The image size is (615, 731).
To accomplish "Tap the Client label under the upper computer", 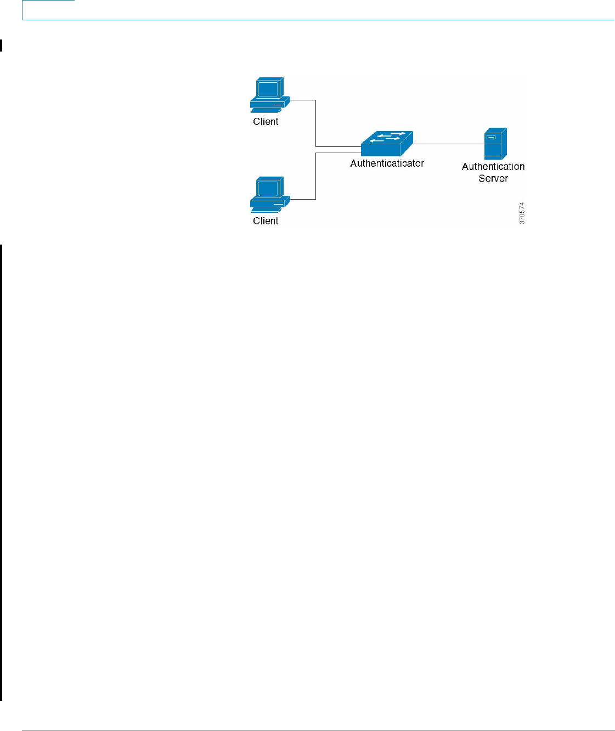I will pyautogui.click(x=266, y=122).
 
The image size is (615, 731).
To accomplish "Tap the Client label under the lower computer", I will pyautogui.click(x=266, y=221).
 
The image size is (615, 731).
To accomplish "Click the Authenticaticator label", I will pyautogui.click(x=387, y=163).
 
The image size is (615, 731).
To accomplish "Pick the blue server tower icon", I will pyautogui.click(x=495, y=144).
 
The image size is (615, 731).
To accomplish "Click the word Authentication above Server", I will pyautogui.click(x=493, y=167).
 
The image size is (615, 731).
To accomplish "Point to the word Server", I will pyautogui.click(x=493, y=179).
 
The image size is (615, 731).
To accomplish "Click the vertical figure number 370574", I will pyautogui.click(x=522, y=213).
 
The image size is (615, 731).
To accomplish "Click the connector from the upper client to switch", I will pyautogui.click(x=316, y=124).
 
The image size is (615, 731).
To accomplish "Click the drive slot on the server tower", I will pyautogui.click(x=491, y=137).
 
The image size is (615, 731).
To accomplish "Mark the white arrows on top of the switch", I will pyautogui.click(x=387, y=137).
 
